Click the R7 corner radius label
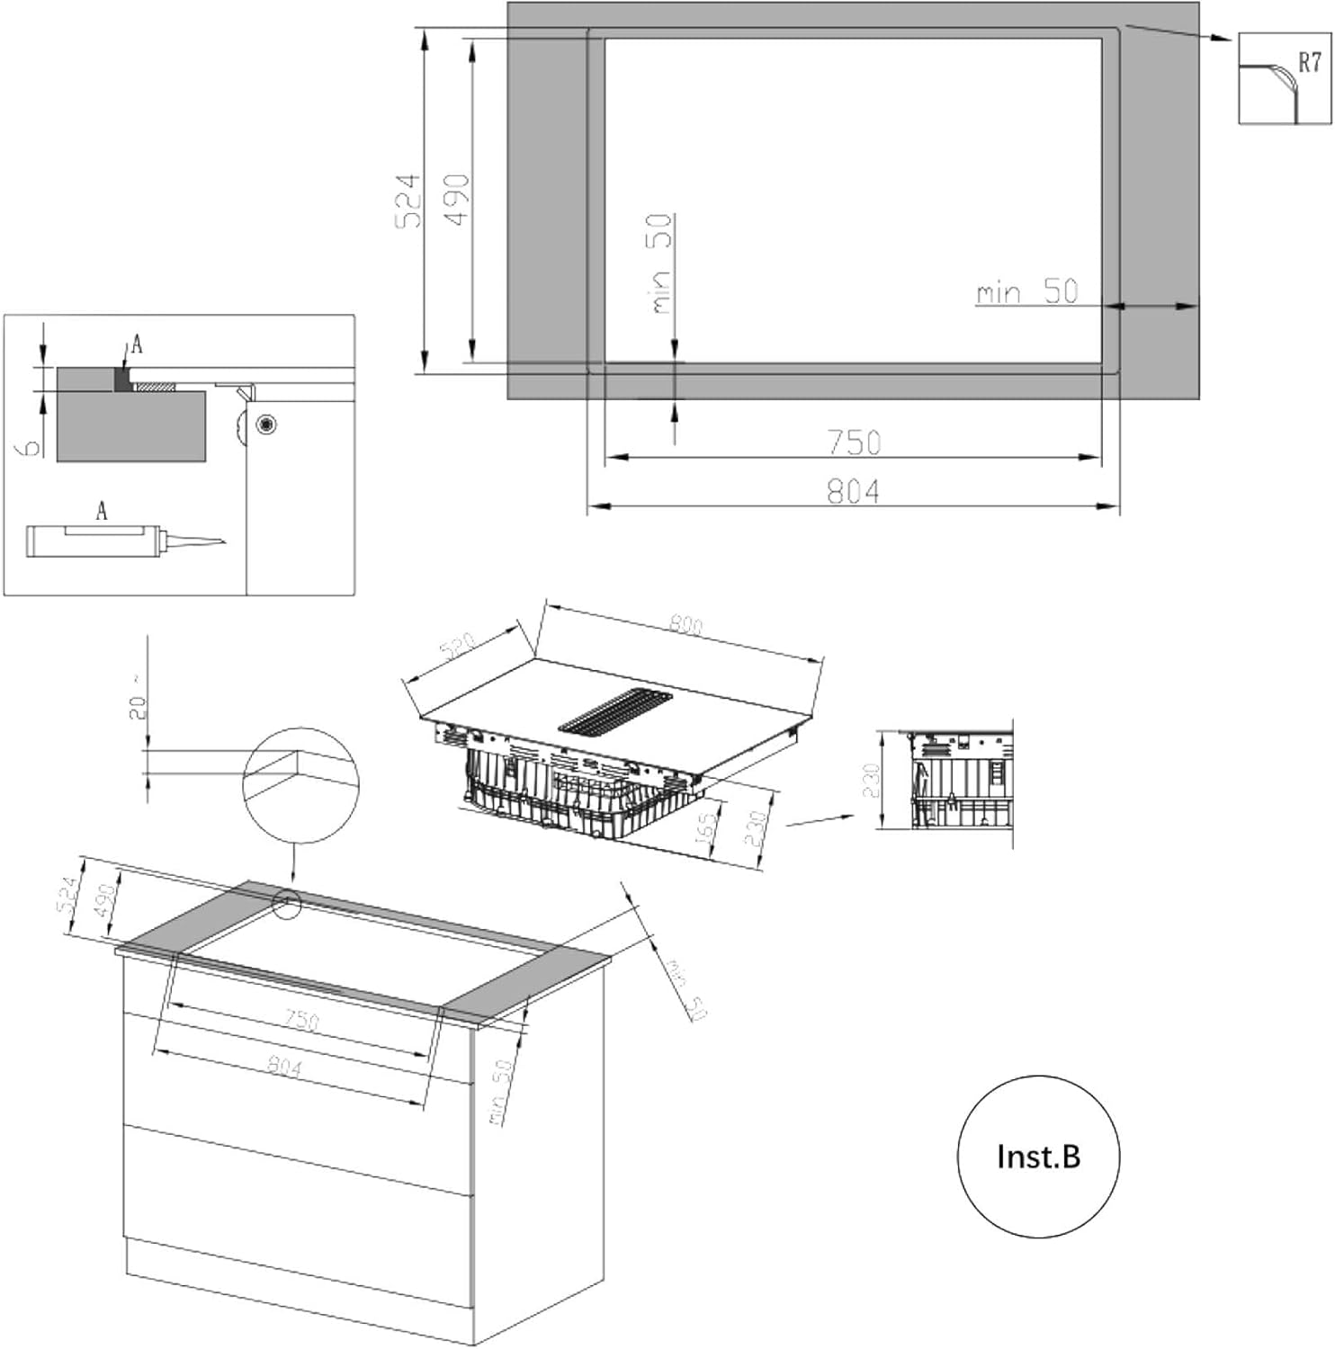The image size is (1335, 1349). [1309, 62]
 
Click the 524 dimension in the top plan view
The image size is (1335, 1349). [408, 200]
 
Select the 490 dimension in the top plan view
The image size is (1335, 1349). [457, 200]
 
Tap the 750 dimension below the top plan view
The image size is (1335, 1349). [854, 442]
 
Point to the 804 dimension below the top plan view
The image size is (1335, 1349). [853, 491]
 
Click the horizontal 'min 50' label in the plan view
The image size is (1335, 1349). [1026, 291]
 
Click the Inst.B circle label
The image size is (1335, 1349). [1038, 1156]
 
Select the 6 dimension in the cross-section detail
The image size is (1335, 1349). [31, 445]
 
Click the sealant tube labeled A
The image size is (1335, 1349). [94, 541]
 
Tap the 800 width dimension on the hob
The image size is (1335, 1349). [686, 624]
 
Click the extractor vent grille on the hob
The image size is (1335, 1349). [617, 711]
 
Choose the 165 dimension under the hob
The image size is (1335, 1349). [707, 826]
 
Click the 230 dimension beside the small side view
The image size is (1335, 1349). [869, 781]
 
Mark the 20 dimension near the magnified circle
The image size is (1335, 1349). [137, 707]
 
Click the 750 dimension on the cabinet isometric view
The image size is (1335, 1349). [302, 1020]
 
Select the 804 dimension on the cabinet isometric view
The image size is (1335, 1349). [284, 1067]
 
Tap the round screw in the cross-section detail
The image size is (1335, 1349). [266, 424]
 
